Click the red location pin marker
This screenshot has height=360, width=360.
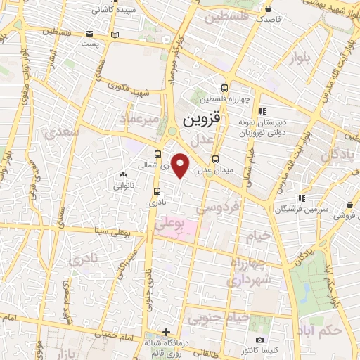pyautogui.click(x=181, y=166)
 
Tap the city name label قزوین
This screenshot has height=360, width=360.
pyautogui.click(x=201, y=120)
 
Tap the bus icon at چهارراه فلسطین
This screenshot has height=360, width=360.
pyautogui.click(x=224, y=89)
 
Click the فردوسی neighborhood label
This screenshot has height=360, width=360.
pyautogui.click(x=218, y=208)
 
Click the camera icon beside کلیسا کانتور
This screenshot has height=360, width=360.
pyautogui.click(x=259, y=340)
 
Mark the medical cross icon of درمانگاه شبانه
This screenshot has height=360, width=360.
pyautogui.click(x=166, y=332)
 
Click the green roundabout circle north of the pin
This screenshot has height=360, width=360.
pyautogui.click(x=172, y=131)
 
